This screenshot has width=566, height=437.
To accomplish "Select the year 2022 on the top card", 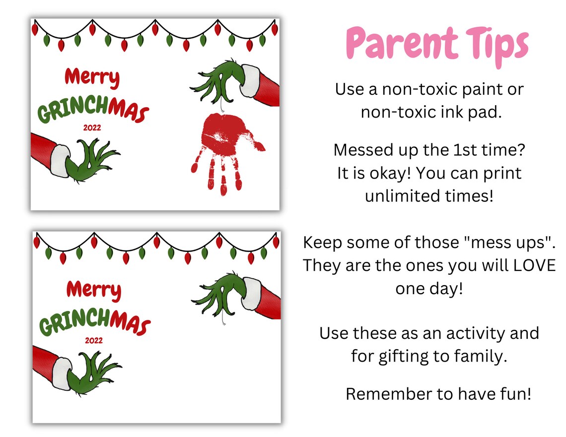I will [92, 127].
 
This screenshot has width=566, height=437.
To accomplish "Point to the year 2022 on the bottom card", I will [93, 341].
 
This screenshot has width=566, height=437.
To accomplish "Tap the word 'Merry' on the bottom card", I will [93, 289].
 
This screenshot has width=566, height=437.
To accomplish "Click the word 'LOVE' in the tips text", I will [534, 265].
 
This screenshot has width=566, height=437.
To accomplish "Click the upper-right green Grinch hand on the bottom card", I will [218, 295].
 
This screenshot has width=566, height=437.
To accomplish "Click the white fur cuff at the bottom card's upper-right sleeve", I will [252, 290].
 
